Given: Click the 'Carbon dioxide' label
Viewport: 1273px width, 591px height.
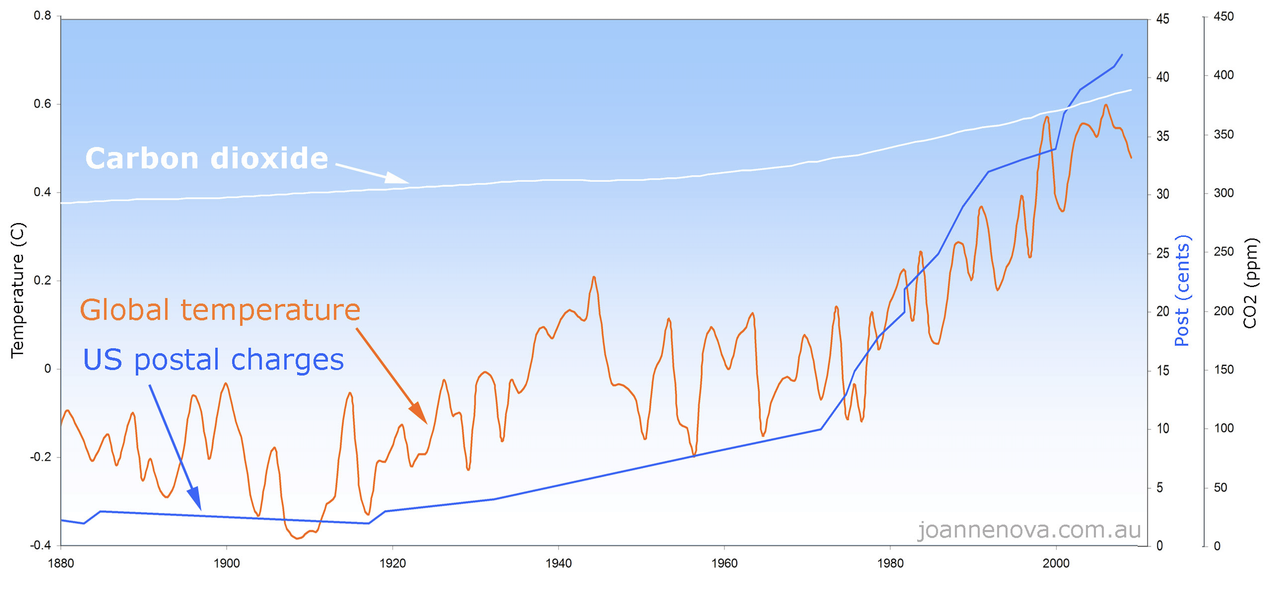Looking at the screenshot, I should tap(206, 158).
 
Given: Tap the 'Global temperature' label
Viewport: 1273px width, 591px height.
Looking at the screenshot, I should tap(220, 310).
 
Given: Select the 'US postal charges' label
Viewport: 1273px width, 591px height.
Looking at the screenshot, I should tap(213, 360).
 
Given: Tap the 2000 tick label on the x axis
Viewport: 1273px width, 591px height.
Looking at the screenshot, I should tap(1056, 563).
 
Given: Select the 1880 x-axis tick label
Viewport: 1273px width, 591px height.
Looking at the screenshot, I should tap(60, 563).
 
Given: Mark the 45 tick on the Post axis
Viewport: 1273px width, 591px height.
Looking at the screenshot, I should tap(1163, 19).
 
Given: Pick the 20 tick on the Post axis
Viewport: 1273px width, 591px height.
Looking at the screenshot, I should tap(1163, 312).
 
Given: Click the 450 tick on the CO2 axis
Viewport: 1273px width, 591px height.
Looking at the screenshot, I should tap(1224, 16).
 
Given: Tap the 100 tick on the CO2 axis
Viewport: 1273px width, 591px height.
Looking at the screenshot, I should tap(1224, 428).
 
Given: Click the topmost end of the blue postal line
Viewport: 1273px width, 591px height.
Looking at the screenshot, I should tap(1122, 55).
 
